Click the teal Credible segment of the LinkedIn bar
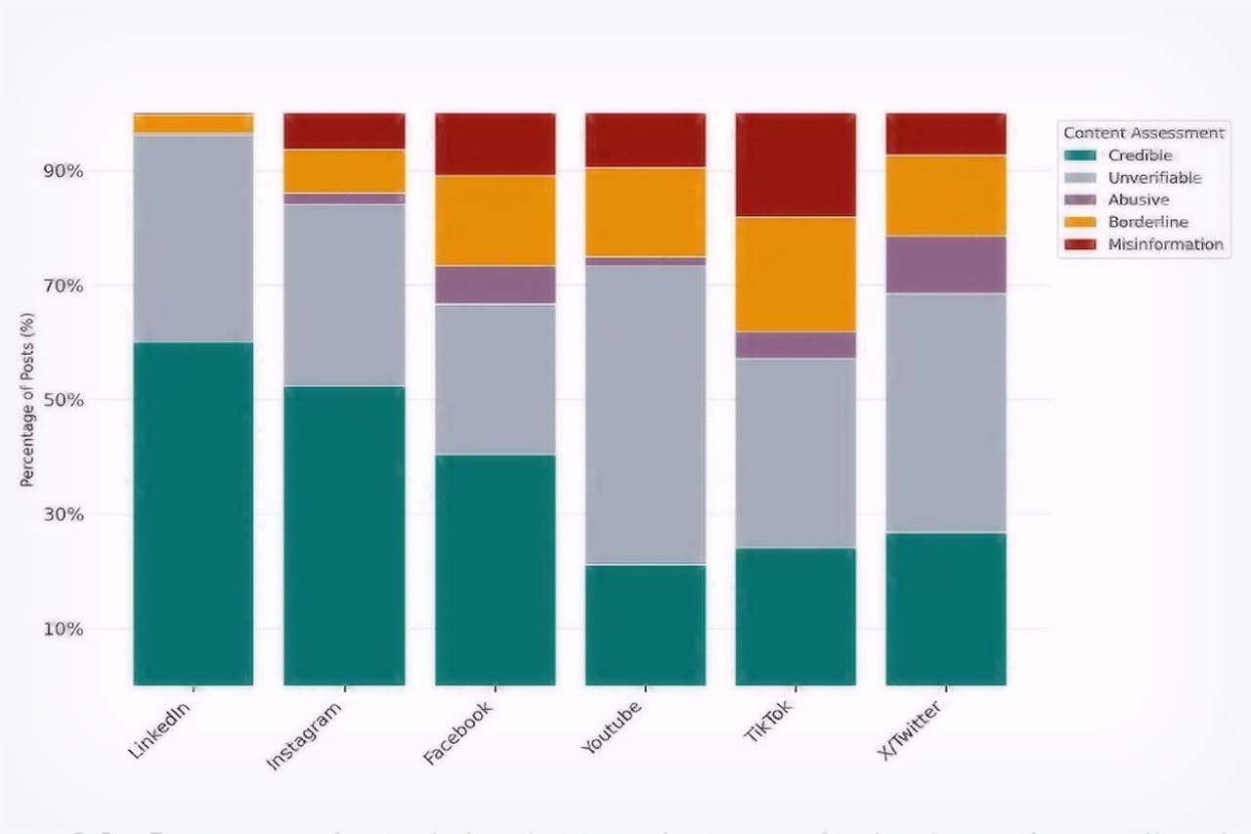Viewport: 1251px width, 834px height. [194, 513]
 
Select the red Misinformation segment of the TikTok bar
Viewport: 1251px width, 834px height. [796, 164]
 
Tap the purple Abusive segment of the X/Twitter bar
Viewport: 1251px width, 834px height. [946, 264]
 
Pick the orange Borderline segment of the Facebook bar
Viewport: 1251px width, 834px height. [496, 220]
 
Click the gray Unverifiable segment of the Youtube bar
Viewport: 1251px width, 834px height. [645, 415]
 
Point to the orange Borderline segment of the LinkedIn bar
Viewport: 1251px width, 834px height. [194, 124]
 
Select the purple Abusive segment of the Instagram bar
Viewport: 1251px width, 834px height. [344, 198]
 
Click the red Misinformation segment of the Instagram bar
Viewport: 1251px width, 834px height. [344, 131]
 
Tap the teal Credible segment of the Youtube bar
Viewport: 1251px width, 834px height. [645, 625]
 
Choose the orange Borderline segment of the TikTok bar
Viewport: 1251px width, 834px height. [796, 274]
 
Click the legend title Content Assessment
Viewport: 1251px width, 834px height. [1143, 133]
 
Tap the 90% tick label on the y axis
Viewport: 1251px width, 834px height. [62, 171]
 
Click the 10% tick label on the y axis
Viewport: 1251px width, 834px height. [62, 629]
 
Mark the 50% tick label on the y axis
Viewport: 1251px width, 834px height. [62, 400]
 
